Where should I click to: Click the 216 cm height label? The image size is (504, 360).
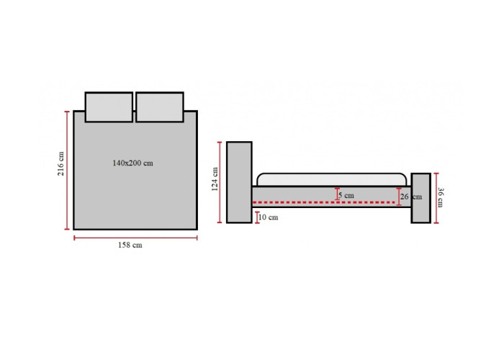point(62,163)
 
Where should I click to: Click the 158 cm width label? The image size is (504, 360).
point(130,245)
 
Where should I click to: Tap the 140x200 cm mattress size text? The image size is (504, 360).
point(132,163)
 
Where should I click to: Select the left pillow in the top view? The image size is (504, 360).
point(109,107)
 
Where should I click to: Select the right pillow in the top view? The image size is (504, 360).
point(159,107)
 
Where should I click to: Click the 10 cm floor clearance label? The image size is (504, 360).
point(268,216)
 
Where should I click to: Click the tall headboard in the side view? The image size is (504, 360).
point(239,181)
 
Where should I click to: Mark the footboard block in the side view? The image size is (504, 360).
point(420,198)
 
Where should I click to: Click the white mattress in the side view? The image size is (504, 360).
point(331,179)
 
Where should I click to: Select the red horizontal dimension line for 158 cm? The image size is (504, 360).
point(135,235)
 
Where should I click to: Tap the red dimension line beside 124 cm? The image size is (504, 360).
point(220,181)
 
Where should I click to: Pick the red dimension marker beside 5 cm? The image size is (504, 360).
point(339,194)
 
